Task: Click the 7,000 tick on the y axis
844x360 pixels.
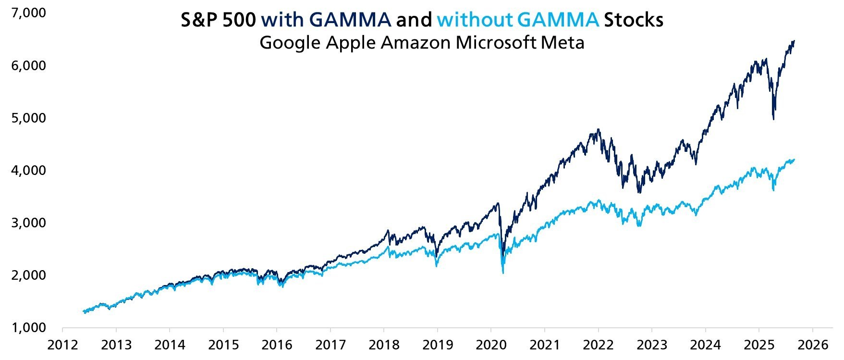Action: click(28, 13)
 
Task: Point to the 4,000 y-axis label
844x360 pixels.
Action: click(28, 170)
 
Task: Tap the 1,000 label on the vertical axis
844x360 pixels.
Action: click(28, 328)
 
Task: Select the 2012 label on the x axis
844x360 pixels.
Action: click(62, 345)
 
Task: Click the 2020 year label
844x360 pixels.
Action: click(491, 345)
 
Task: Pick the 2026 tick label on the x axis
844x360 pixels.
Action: click(812, 345)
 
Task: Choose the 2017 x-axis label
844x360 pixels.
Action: click(330, 345)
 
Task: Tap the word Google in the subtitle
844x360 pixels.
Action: click(291, 43)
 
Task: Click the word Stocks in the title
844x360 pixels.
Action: click(634, 20)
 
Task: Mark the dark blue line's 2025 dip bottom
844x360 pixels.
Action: click(773, 119)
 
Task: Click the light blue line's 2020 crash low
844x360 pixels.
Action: click(502, 273)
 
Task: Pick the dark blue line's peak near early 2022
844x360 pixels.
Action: click(598, 129)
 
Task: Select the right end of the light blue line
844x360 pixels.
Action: click(794, 160)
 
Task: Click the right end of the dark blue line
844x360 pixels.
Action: click(794, 41)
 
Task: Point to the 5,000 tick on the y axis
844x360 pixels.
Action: click(28, 118)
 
